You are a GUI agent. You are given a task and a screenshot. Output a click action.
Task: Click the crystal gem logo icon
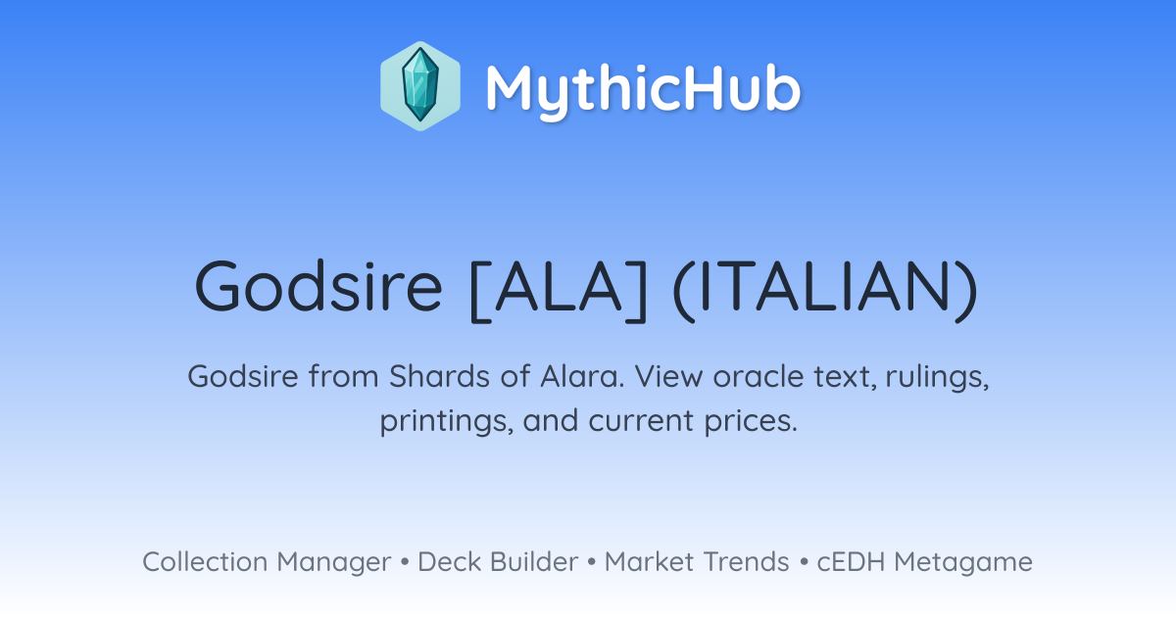[x=420, y=86]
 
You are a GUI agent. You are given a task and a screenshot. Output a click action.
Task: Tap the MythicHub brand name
[x=643, y=90]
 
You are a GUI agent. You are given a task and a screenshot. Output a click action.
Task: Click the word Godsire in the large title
[x=318, y=287]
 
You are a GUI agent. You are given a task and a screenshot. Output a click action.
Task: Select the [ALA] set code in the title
[x=559, y=290]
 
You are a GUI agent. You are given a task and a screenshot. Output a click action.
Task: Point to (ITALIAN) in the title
[x=825, y=290]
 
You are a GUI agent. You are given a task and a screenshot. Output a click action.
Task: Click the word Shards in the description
[x=439, y=376]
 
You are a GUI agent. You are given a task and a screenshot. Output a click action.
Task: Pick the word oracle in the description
[x=758, y=376]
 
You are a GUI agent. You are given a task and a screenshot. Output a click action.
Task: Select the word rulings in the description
[x=938, y=378]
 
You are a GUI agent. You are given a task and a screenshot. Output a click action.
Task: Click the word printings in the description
[x=447, y=422]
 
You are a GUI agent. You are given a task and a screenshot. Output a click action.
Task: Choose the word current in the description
[x=641, y=421]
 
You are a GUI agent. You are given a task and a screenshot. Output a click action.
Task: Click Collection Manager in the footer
[x=267, y=563]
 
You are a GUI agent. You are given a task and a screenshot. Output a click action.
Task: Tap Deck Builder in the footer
[x=498, y=561]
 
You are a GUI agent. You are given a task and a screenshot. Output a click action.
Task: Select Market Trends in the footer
[x=697, y=561]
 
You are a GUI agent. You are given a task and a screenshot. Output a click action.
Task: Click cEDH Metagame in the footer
[x=924, y=563]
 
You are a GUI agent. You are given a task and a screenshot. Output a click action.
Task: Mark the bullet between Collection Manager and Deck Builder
[x=404, y=562]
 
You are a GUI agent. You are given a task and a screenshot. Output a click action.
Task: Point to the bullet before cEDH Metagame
[x=804, y=562]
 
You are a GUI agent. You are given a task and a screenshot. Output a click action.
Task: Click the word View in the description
[x=668, y=376]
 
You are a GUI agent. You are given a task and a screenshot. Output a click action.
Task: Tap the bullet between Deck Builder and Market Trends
[x=591, y=562]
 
